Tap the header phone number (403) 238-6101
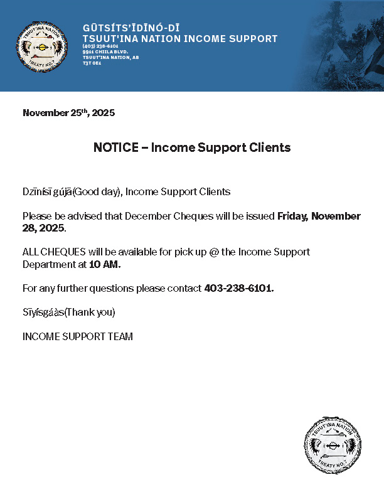tap(100, 46)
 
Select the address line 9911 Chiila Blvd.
tap(105, 51)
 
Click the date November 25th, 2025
tap(68, 113)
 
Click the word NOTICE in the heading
tap(116, 148)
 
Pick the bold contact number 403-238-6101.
tap(239, 289)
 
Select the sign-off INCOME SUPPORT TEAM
tap(78, 336)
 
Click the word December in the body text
tap(147, 216)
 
